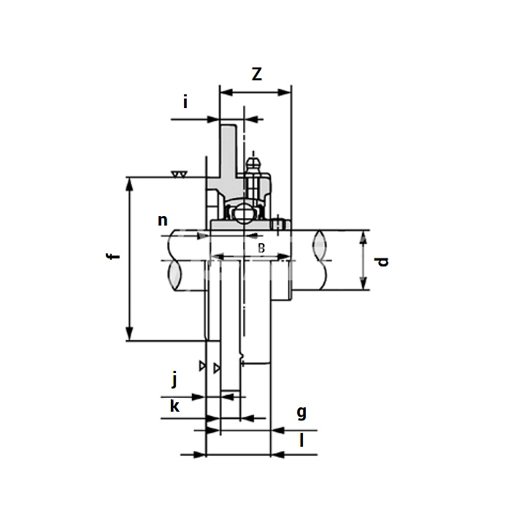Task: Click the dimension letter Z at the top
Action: tap(257, 74)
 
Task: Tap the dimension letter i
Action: tap(185, 102)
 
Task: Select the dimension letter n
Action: tap(163, 220)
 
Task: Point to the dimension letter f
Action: tap(113, 256)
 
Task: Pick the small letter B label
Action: tap(261, 248)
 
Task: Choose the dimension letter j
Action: tap(174, 380)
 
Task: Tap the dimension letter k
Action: tap(174, 407)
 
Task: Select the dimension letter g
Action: tap(301, 413)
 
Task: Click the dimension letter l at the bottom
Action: tap(301, 440)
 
